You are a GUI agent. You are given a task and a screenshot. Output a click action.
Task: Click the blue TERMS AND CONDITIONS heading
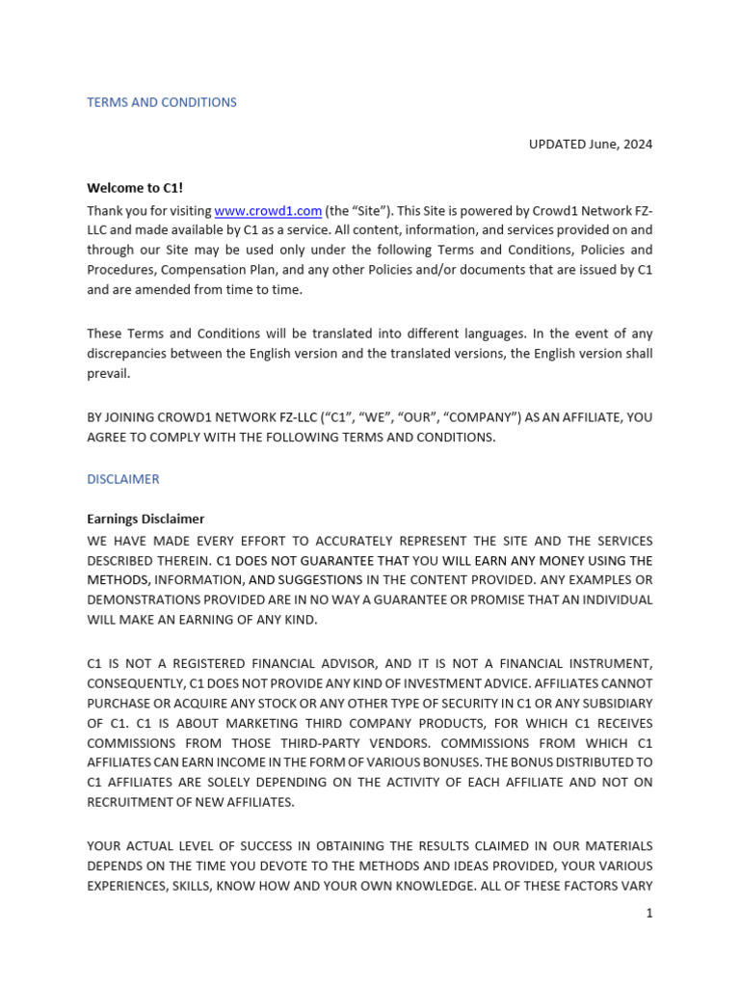[x=162, y=102]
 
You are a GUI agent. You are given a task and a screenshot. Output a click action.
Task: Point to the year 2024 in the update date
[x=636, y=145]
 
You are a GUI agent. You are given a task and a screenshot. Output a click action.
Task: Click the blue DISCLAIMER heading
[x=123, y=479]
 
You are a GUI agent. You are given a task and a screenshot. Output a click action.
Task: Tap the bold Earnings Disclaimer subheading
[x=145, y=519]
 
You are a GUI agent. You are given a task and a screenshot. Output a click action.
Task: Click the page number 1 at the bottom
[x=649, y=913]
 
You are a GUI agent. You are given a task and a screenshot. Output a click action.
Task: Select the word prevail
[x=108, y=373]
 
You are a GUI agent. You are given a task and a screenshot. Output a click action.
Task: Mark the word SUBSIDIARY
[x=615, y=703]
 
